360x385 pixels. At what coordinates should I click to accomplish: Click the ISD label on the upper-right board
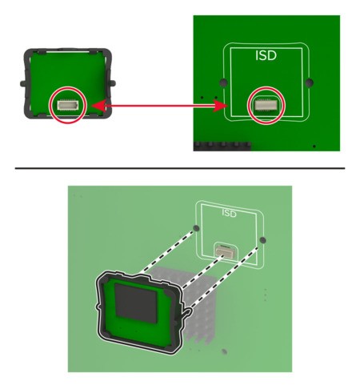tap(266, 55)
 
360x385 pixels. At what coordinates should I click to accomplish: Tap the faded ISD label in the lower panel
tap(229, 213)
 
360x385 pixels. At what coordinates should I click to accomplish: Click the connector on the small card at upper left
tap(68, 105)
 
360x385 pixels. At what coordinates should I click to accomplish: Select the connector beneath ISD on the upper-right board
tap(266, 105)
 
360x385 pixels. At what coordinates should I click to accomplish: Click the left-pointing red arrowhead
tap(99, 106)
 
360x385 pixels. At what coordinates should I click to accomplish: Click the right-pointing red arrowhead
tap(220, 106)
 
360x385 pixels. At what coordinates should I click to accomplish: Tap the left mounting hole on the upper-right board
tap(223, 82)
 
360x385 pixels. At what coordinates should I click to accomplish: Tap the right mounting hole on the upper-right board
tap(309, 82)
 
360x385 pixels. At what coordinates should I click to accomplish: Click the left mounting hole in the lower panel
tap(196, 228)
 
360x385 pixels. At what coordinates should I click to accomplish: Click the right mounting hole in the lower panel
tap(262, 240)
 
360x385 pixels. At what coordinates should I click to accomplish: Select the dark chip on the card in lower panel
tap(136, 303)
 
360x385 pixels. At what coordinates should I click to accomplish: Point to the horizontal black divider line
tap(180, 168)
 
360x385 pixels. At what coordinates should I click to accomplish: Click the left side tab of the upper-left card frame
tap(22, 83)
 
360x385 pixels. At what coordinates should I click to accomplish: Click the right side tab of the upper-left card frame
tap(113, 83)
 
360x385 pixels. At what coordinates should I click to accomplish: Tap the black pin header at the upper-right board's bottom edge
tap(222, 146)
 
